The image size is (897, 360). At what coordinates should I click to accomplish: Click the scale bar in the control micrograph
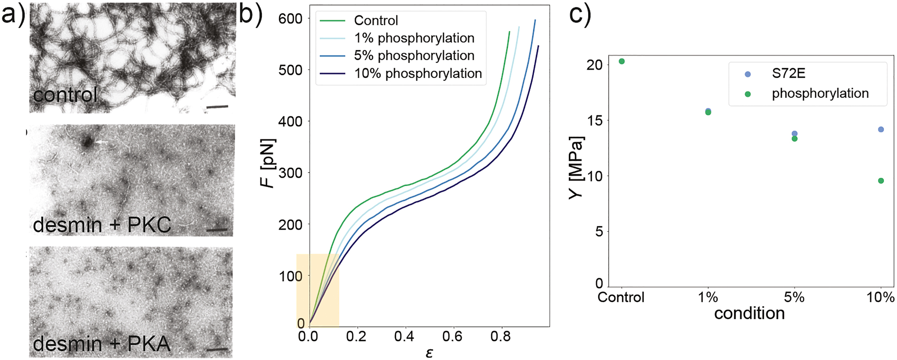217,107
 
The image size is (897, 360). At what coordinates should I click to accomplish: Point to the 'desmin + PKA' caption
102,344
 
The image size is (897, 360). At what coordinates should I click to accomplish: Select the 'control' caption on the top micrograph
65,95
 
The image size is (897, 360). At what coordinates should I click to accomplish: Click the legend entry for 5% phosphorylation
414,56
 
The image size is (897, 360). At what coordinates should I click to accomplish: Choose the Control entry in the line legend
376,21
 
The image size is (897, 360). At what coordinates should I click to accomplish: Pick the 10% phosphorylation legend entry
418,74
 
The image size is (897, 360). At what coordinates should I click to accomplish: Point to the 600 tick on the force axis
290,19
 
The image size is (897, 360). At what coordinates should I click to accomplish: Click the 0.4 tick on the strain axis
404,337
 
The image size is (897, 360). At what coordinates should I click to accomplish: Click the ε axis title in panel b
429,353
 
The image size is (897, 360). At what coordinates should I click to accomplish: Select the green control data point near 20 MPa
621,61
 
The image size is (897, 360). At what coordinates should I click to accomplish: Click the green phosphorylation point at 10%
881,181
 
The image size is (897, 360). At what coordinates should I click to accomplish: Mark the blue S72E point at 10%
881,130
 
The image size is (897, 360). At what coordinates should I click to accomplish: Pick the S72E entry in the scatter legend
789,74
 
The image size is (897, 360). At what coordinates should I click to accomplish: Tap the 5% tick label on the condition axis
794,297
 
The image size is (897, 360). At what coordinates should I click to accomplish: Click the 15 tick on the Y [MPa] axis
594,121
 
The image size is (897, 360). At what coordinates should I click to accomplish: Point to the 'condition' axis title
749,313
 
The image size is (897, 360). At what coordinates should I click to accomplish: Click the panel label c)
580,15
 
